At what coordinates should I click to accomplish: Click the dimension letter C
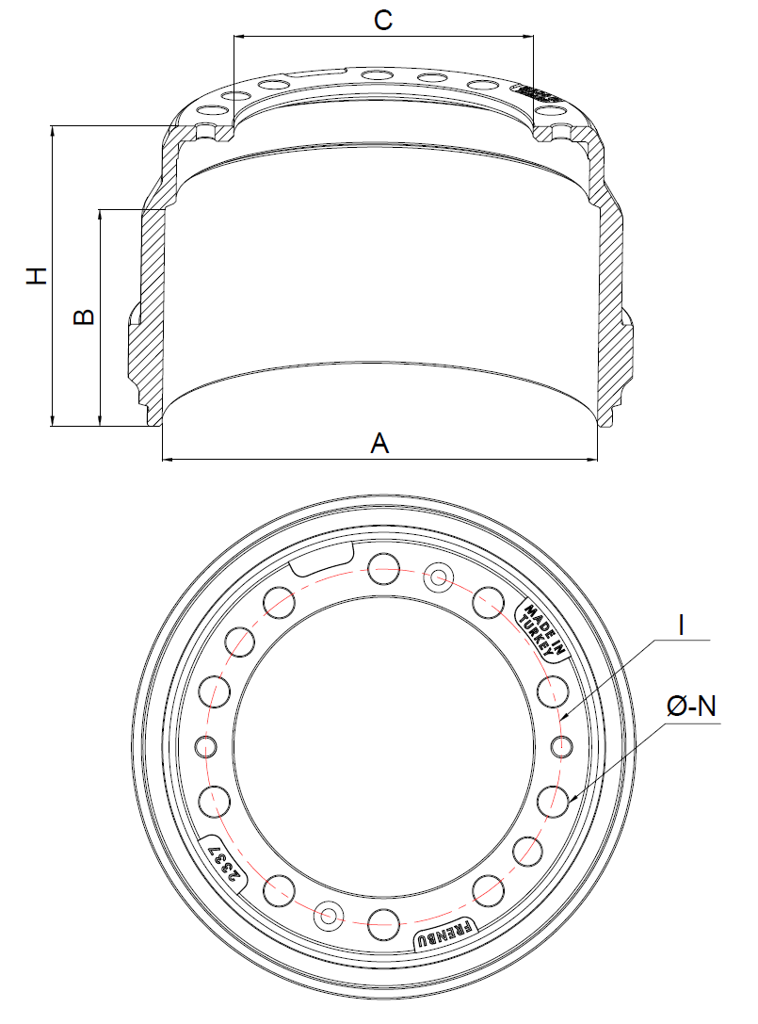click(x=382, y=19)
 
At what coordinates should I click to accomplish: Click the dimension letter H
click(x=37, y=275)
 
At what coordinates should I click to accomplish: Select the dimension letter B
click(x=83, y=317)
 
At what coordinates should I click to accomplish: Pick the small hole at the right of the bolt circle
click(x=561, y=747)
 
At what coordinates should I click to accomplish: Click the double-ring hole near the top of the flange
click(x=439, y=576)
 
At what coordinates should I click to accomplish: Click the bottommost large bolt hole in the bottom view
click(x=383, y=923)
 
